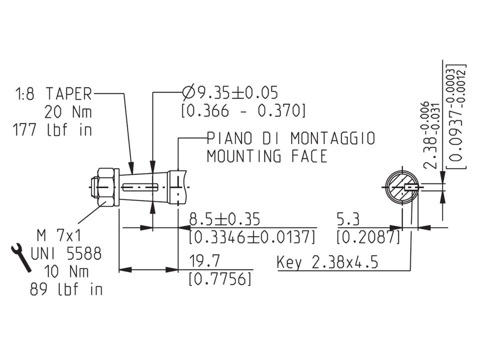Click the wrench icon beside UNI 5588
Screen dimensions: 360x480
coord(21,257)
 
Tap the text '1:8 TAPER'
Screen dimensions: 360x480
coord(54,93)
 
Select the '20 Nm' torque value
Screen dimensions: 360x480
coord(68,111)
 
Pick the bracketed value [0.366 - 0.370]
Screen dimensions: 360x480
coord(243,110)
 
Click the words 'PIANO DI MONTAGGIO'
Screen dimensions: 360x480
coord(290,138)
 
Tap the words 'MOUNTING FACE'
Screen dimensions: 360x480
coord(267,156)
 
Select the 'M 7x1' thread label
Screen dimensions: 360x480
coord(60,234)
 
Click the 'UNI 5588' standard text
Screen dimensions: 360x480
coord(65,253)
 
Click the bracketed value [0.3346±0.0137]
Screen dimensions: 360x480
coord(252,236)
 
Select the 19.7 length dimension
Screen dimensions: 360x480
coord(202,261)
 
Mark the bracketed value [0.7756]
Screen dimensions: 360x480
coord(220,279)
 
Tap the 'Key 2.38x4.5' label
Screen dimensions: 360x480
coord(327,262)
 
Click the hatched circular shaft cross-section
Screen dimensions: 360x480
coord(401,188)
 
